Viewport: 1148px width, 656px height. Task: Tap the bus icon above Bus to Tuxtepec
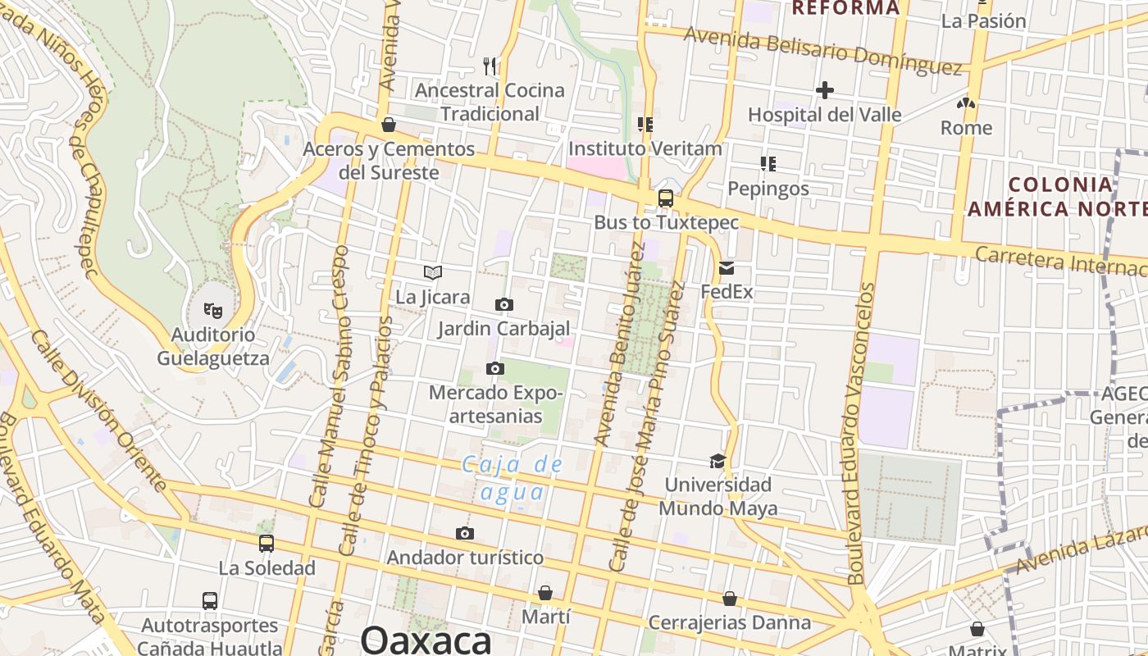[666, 198]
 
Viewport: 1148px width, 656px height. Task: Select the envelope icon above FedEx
[727, 267]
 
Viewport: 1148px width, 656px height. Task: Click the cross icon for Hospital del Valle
[825, 90]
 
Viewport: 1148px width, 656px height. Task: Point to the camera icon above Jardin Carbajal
[504, 305]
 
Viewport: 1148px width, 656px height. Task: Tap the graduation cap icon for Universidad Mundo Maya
[717, 461]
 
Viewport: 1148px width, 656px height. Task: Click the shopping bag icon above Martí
[545, 592]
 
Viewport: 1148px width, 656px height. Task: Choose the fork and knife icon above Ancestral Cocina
[490, 65]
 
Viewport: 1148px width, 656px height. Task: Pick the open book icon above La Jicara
[433, 272]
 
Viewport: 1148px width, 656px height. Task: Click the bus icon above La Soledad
[266, 543]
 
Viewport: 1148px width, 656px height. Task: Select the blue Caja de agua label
[512, 478]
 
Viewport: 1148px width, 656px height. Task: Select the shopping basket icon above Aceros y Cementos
[389, 125]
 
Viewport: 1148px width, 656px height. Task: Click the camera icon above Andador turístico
[465, 534]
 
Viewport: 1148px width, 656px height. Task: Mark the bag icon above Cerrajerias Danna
[730, 599]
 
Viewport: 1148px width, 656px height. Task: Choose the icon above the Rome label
[966, 104]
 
